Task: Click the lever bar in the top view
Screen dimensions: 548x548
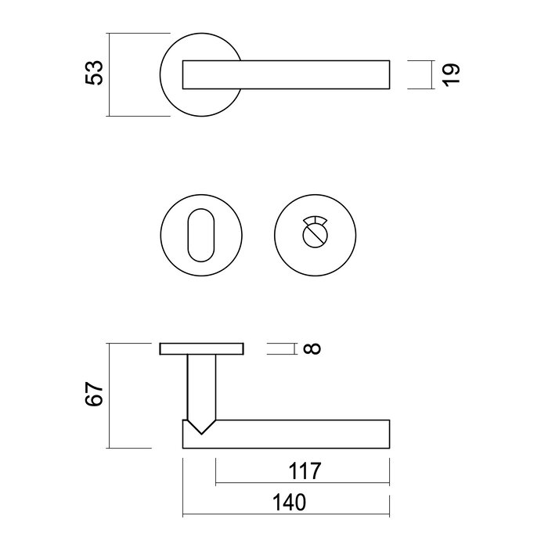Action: [x=286, y=74]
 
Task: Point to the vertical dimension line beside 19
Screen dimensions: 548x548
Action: [x=432, y=75]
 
